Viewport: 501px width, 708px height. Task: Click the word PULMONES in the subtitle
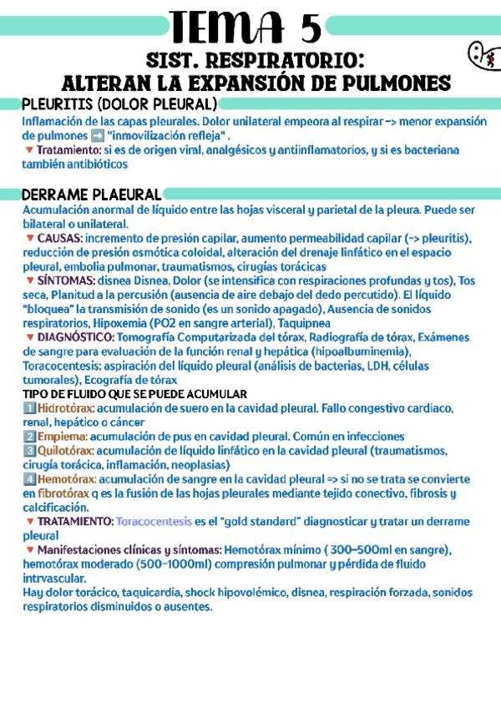[x=395, y=83]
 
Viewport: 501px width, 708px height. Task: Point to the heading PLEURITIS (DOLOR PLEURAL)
[x=119, y=104]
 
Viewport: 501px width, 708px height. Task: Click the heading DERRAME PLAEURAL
[x=93, y=195]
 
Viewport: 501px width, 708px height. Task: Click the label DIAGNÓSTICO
[x=76, y=337]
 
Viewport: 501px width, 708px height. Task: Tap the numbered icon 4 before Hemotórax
[x=29, y=479]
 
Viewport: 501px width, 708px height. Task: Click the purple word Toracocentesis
[x=154, y=522]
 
